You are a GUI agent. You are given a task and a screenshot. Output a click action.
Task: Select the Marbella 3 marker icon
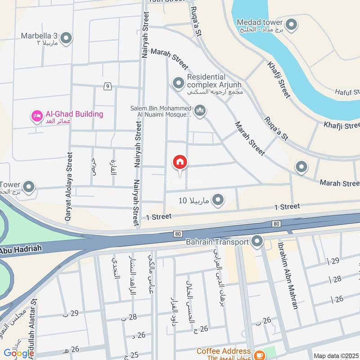(x=66, y=38)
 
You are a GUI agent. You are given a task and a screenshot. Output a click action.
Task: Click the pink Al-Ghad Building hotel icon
(x=36, y=116)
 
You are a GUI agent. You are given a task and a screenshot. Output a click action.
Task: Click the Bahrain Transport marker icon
(x=257, y=242)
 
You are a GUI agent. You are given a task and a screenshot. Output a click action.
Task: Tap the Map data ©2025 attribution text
(x=335, y=355)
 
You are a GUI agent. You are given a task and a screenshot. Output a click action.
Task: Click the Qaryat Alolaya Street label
(x=69, y=186)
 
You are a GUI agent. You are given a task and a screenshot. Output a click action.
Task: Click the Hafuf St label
(x=347, y=92)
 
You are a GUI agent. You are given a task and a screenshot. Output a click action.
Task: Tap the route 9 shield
(x=107, y=86)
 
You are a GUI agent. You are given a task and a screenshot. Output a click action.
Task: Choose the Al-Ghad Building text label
(x=74, y=114)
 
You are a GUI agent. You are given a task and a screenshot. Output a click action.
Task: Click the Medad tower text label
(x=260, y=22)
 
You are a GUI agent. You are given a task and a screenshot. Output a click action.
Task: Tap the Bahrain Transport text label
(x=217, y=242)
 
